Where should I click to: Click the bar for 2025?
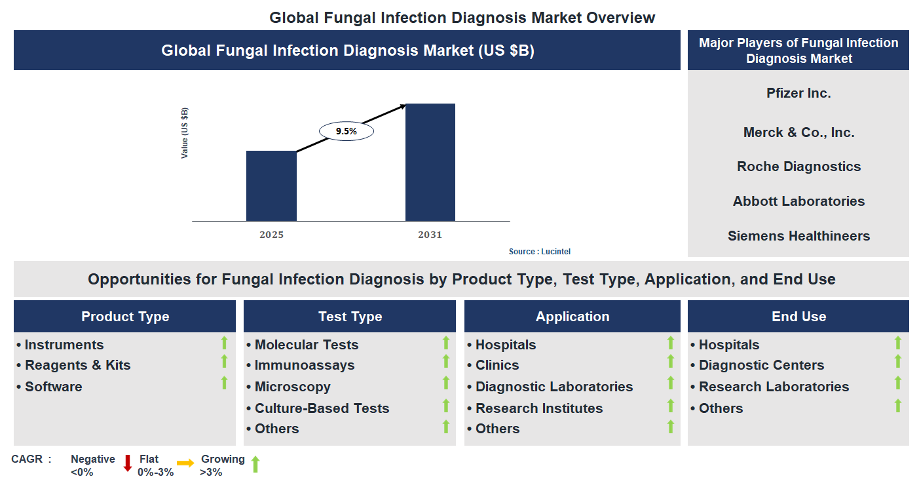click(271, 186)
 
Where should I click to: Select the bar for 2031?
click(430, 163)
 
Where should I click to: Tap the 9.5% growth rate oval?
click(346, 131)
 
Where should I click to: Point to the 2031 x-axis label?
click(430, 235)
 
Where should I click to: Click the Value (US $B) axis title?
click(185, 133)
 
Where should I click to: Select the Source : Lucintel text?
click(535, 252)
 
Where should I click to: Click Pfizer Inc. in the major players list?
click(798, 93)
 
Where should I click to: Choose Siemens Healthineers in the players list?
click(798, 236)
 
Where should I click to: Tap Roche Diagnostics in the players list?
click(798, 166)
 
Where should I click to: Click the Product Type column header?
click(125, 317)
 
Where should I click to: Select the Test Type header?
click(350, 317)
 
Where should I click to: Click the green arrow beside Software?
click(224, 383)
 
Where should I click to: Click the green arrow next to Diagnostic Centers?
click(898, 362)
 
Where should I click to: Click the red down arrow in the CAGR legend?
click(128, 463)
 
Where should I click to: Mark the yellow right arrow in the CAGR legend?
click(185, 463)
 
